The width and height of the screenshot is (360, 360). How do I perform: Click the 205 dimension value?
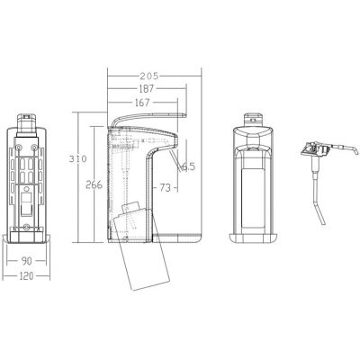(x=148, y=76)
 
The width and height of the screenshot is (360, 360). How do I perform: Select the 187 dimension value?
(x=147, y=89)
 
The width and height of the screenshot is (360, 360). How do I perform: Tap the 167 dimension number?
(x=142, y=103)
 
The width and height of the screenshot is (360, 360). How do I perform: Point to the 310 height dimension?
(x=77, y=158)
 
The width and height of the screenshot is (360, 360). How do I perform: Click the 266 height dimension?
(x=94, y=184)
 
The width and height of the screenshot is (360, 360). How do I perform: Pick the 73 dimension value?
(x=165, y=188)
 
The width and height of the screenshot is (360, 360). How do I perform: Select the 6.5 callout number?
(x=188, y=166)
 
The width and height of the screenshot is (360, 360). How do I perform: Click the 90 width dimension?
(x=26, y=261)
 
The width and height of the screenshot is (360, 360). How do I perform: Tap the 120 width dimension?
(x=26, y=276)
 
